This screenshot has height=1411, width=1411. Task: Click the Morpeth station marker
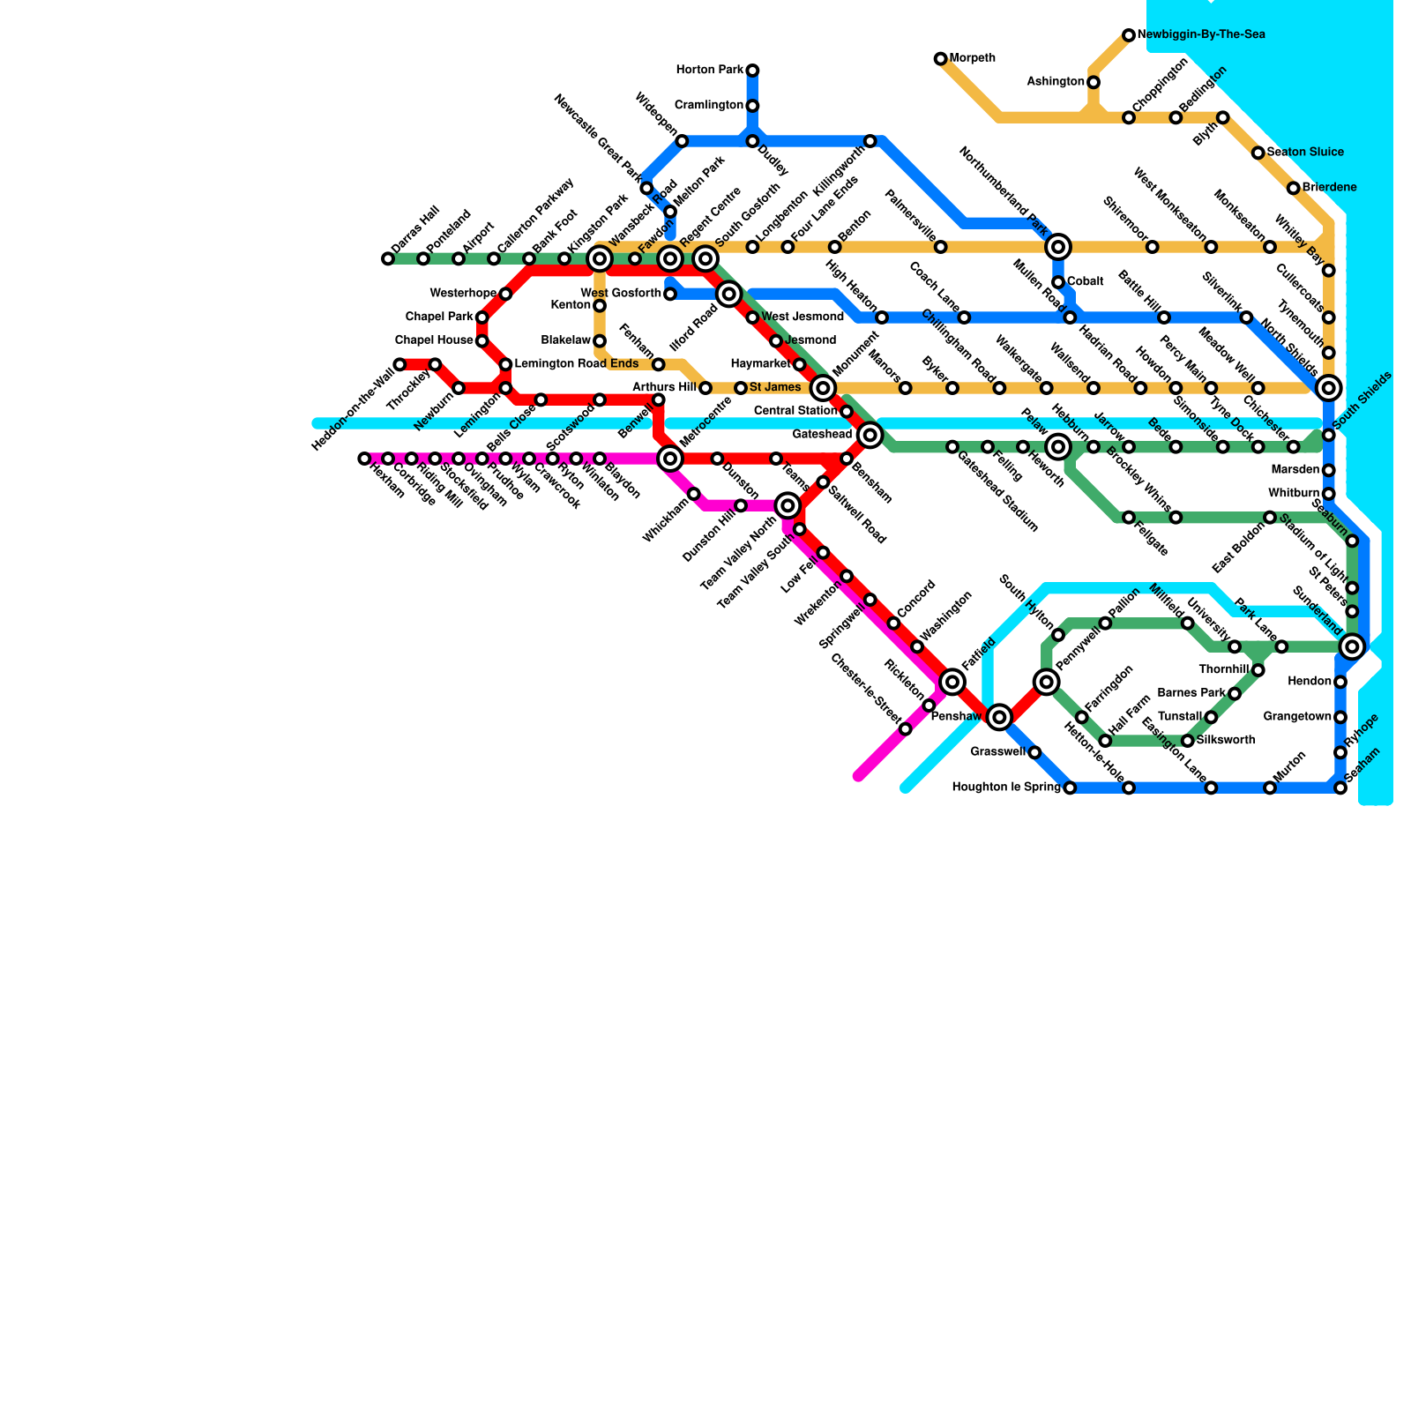click(x=941, y=59)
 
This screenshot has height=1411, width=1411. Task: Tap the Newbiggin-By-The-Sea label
click(x=1201, y=35)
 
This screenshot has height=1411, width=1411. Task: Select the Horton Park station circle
click(x=752, y=71)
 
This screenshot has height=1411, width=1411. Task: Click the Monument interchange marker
click(x=823, y=388)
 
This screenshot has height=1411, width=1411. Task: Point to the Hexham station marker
click(x=364, y=459)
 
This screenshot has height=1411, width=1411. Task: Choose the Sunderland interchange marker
click(x=1352, y=647)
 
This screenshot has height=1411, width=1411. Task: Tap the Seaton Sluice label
click(x=1305, y=153)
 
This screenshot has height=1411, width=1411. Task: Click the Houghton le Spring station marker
click(x=1070, y=788)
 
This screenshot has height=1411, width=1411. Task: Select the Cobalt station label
click(x=1085, y=282)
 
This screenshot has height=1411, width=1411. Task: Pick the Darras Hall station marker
click(x=388, y=259)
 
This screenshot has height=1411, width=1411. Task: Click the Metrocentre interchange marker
click(x=670, y=459)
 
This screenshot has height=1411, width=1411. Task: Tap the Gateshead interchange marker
click(x=870, y=435)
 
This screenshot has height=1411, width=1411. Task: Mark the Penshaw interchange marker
click(x=999, y=717)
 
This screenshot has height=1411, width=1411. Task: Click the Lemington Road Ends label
click(x=576, y=364)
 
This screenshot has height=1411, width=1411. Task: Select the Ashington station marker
click(x=1094, y=82)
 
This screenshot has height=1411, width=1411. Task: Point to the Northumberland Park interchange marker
click(x=1059, y=247)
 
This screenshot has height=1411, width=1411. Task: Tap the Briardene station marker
click(x=1293, y=189)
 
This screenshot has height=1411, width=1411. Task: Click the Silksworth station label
click(x=1226, y=741)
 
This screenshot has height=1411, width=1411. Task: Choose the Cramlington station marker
click(x=752, y=106)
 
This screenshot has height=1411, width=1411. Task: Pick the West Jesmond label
click(x=802, y=317)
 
